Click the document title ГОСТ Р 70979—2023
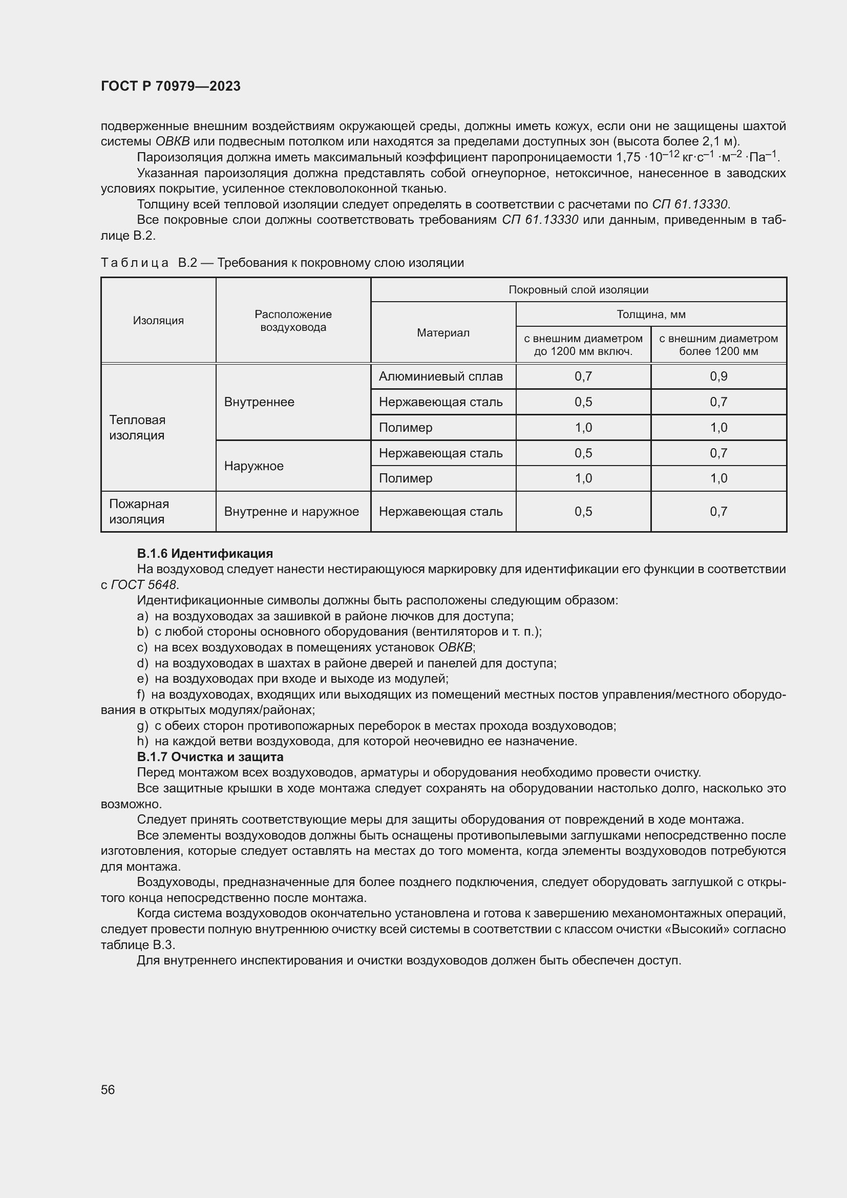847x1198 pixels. [171, 86]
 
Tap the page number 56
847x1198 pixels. [108, 1089]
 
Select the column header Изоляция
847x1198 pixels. [158, 320]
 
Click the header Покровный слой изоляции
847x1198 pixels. [578, 289]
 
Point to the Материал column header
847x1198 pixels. [443, 333]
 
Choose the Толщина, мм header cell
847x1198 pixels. [650, 314]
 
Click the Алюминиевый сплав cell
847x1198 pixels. [440, 376]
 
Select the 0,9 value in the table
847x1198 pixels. [717, 376]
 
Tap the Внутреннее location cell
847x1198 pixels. [259, 402]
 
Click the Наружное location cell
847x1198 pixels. [253, 466]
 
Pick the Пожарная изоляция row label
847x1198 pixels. [139, 511]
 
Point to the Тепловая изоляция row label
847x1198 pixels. [137, 427]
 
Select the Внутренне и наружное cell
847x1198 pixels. [291, 511]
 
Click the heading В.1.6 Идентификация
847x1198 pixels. [205, 553]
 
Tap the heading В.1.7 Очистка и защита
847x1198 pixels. [210, 756]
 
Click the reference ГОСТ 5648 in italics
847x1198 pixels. [143, 584]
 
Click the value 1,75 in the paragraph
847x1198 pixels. [628, 158]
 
